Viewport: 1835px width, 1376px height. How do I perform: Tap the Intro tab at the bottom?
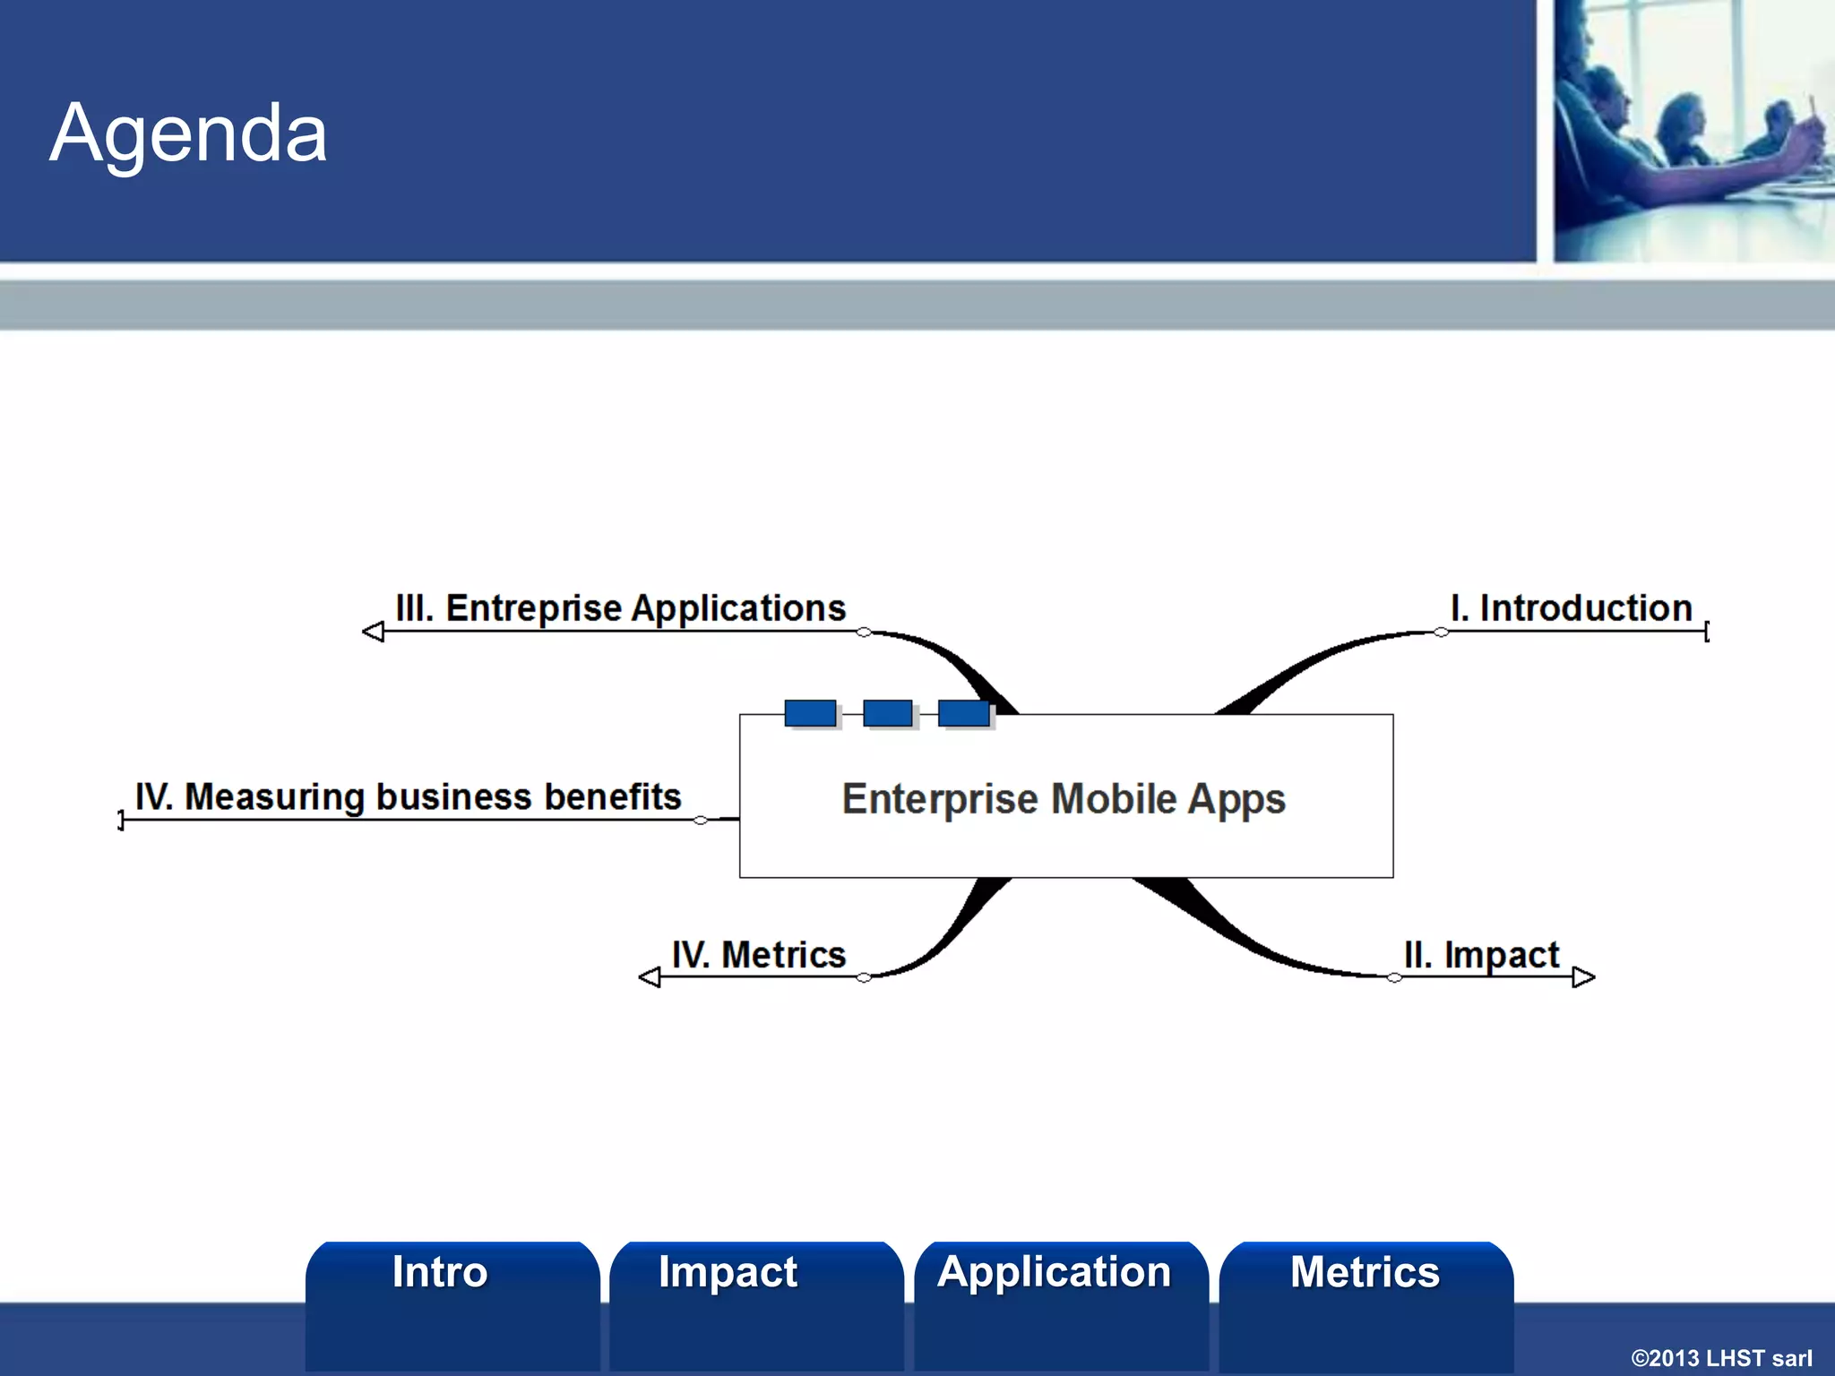pyautogui.click(x=439, y=1272)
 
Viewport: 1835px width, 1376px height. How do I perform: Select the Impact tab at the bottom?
pyautogui.click(x=728, y=1272)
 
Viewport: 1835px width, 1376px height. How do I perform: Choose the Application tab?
pyautogui.click(x=1054, y=1272)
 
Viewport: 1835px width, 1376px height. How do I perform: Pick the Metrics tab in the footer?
pyautogui.click(x=1365, y=1272)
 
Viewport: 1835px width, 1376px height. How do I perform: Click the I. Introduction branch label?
pyautogui.click(x=1571, y=608)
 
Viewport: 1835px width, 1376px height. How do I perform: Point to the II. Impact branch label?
pyautogui.click(x=1481, y=955)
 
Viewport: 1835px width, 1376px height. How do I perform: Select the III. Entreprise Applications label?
pyautogui.click(x=620, y=608)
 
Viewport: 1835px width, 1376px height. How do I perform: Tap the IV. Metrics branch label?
pyautogui.click(x=758, y=955)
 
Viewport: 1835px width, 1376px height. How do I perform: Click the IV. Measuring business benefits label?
pyautogui.click(x=408, y=797)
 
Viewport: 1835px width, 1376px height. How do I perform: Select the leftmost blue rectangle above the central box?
pyautogui.click(x=810, y=713)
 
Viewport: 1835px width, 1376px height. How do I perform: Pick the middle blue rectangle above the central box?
pyautogui.click(x=887, y=713)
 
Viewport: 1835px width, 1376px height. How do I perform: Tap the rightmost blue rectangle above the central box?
pyautogui.click(x=963, y=713)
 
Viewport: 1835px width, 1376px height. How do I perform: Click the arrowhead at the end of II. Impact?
pyautogui.click(x=1583, y=977)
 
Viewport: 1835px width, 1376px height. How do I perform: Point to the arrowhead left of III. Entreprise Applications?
pyautogui.click(x=374, y=632)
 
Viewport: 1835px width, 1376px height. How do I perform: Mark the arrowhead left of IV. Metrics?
pyautogui.click(x=650, y=977)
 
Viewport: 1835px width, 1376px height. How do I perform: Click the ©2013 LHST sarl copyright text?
pyautogui.click(x=1720, y=1358)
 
